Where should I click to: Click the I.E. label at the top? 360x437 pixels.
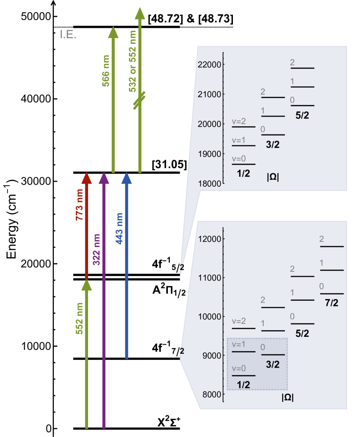(x=68, y=35)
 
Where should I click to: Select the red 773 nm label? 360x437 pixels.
(x=79, y=205)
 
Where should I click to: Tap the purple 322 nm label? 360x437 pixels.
(x=96, y=250)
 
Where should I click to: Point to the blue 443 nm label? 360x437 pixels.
(x=119, y=228)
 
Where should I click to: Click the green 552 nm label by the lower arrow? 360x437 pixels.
(x=79, y=318)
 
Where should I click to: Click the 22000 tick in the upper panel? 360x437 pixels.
(x=209, y=65)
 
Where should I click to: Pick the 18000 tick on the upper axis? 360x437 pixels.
(x=209, y=183)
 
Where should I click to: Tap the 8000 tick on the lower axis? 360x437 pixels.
(x=211, y=395)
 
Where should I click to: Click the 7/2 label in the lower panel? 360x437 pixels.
(x=331, y=303)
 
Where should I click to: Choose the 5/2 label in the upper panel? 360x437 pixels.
(x=302, y=116)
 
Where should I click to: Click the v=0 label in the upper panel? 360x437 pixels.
(x=239, y=159)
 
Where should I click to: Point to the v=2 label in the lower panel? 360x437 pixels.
(x=239, y=321)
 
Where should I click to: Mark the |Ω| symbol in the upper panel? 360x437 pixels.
(x=273, y=177)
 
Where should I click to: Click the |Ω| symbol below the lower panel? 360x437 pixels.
(x=288, y=398)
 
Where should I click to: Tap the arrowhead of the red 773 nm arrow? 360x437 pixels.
(x=87, y=178)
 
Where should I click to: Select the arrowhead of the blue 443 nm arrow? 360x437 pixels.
(x=127, y=178)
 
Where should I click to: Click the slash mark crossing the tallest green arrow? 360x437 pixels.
(x=139, y=101)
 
